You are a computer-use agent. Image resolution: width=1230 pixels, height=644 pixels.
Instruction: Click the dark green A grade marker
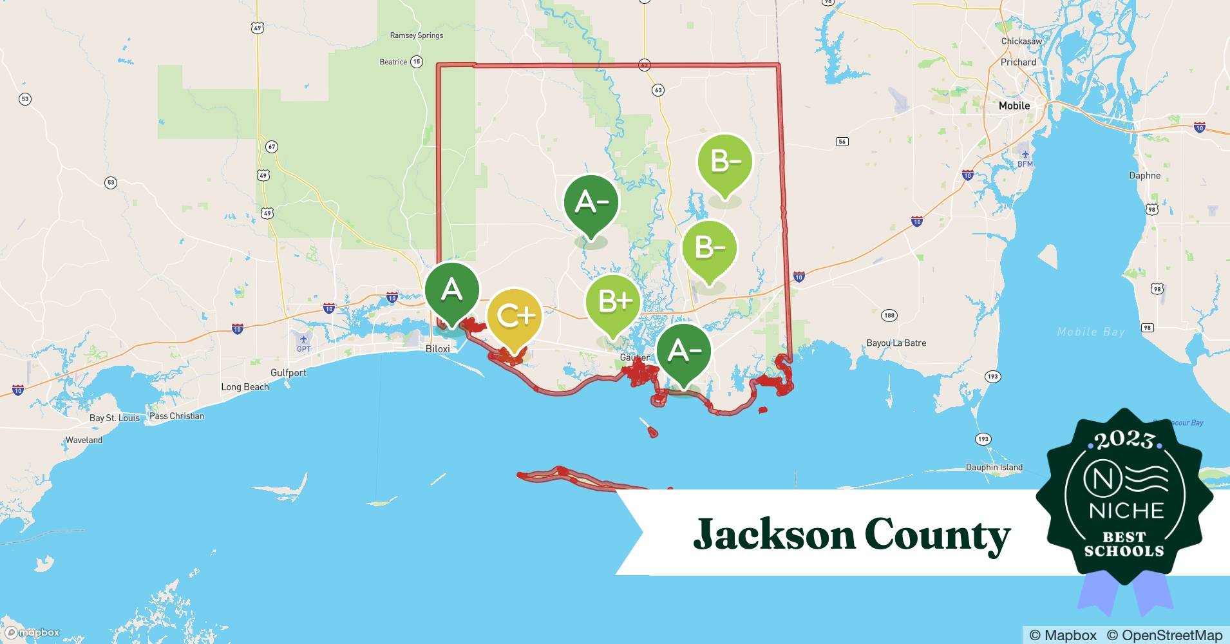pyautogui.click(x=451, y=292)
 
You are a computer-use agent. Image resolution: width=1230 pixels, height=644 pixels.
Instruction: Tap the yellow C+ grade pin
pyautogui.click(x=513, y=316)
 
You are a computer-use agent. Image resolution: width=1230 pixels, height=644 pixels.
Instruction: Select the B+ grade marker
pyautogui.click(x=613, y=301)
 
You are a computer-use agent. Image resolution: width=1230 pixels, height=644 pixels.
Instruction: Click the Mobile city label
pyautogui.click(x=1014, y=106)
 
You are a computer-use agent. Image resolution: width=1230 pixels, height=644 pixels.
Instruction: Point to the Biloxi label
pyautogui.click(x=438, y=348)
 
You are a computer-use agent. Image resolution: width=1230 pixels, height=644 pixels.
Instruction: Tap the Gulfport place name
pyautogui.click(x=289, y=373)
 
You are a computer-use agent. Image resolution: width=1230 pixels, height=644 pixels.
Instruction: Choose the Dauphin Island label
pyautogui.click(x=994, y=468)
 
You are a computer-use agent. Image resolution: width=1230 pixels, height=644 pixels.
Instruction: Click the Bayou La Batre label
pyautogui.click(x=896, y=343)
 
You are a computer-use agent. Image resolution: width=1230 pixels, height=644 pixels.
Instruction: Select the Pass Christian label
pyautogui.click(x=176, y=416)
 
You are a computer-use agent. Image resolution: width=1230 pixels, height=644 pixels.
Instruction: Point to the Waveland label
pyautogui.click(x=84, y=440)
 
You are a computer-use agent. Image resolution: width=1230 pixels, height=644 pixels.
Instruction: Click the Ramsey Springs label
pyautogui.click(x=417, y=35)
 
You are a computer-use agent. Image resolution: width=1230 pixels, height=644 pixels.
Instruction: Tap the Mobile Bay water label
pyautogui.click(x=1091, y=332)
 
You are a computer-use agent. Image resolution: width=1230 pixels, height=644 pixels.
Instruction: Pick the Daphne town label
pyautogui.click(x=1144, y=175)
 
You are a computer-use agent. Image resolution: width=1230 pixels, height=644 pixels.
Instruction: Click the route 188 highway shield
pyautogui.click(x=889, y=316)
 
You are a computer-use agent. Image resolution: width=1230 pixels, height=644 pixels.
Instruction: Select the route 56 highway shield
pyautogui.click(x=842, y=142)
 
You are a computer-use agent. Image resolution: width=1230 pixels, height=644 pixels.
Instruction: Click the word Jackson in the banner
pyautogui.click(x=773, y=535)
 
